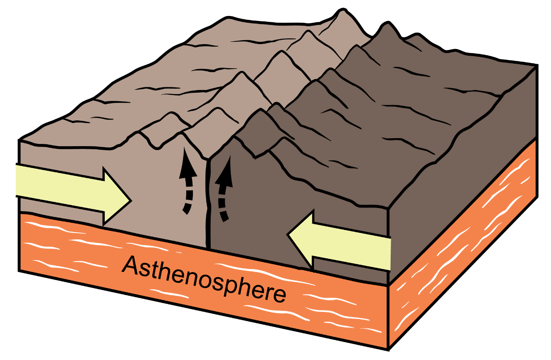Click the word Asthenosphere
point(204,279)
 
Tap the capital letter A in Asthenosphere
point(131,265)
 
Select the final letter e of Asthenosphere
point(279,295)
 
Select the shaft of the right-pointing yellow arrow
point(60,188)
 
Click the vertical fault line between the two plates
point(208,204)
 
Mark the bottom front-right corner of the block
point(389,349)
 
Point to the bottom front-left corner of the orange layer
point(19,271)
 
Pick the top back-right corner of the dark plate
point(537,65)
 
